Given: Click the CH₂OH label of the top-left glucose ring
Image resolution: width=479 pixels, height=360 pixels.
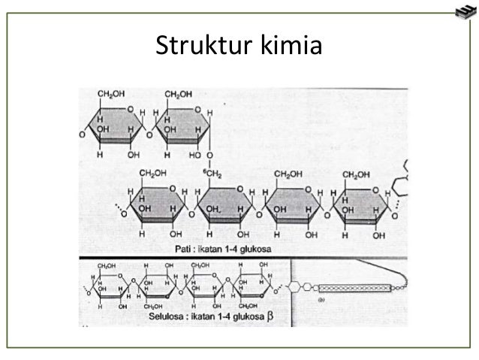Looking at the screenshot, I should pos(111,94).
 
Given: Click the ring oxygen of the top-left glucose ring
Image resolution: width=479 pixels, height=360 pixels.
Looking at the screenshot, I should pos(131,109).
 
